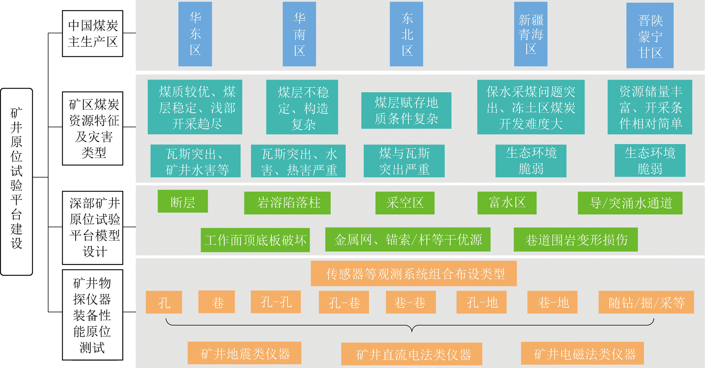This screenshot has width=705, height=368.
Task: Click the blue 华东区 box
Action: (x=195, y=34)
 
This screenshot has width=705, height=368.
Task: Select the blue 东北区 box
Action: (x=407, y=34)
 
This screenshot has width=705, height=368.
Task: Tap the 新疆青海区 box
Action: (x=531, y=34)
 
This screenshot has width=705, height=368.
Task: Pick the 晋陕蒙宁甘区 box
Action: (x=650, y=36)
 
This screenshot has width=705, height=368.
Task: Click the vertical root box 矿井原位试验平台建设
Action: (x=17, y=182)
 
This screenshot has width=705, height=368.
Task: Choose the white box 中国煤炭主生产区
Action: (x=93, y=34)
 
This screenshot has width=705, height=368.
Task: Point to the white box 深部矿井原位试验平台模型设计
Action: (x=93, y=228)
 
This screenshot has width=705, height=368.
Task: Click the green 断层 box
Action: (x=183, y=201)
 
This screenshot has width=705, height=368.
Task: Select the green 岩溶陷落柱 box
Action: (x=287, y=203)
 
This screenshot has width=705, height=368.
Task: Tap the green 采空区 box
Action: (x=405, y=203)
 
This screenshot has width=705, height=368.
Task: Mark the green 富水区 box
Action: (x=507, y=203)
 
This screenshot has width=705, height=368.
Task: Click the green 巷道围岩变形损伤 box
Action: (x=576, y=240)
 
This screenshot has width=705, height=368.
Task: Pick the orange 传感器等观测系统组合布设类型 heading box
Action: (x=414, y=274)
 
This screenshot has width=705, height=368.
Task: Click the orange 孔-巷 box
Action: (x=344, y=302)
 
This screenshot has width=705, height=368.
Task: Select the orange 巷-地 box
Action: (x=552, y=302)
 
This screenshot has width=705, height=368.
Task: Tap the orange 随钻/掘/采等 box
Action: (x=646, y=302)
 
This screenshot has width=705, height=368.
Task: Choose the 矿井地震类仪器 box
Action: (x=244, y=353)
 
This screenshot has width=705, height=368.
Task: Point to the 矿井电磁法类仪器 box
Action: (x=582, y=353)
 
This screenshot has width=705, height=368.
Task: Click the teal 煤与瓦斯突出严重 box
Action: (x=404, y=161)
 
